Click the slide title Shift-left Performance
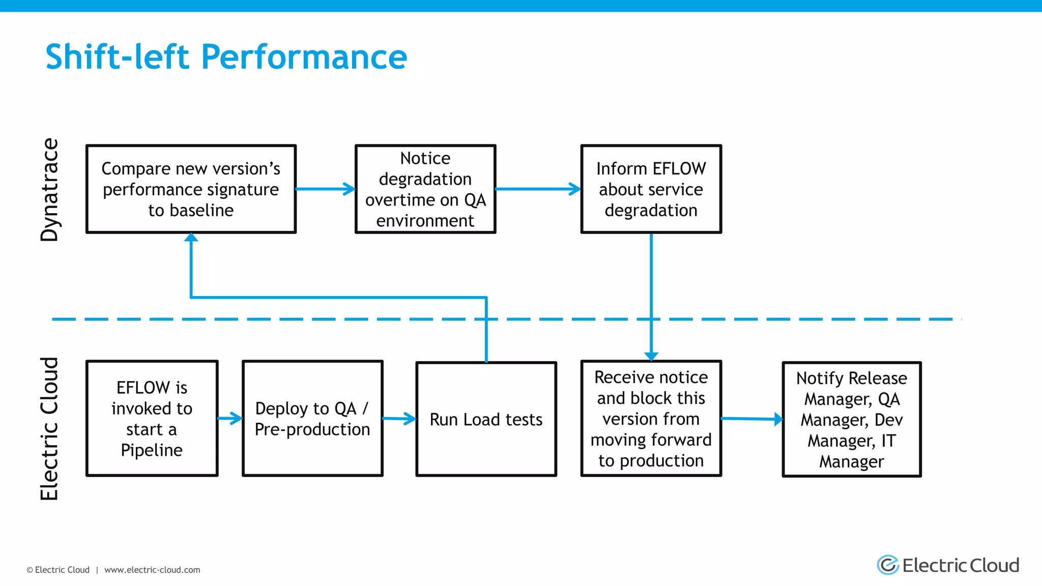tap(226, 56)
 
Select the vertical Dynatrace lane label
tap(49, 189)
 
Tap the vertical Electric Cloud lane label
tap(49, 428)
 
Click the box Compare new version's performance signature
tap(191, 189)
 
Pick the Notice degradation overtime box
tap(425, 189)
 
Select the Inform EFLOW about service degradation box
tap(651, 189)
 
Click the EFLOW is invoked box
tap(152, 419)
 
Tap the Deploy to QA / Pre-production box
tap(312, 419)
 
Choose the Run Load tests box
tap(486, 419)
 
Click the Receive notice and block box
tap(651, 419)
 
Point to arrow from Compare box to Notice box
tap(326, 189)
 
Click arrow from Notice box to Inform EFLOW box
tap(538, 189)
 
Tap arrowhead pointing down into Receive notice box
tap(651, 356)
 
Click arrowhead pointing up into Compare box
tap(191, 238)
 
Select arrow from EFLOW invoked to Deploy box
tap(230, 419)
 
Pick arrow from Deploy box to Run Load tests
tap(399, 419)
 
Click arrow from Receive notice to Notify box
tap(752, 419)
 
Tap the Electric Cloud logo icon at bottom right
tap(888, 565)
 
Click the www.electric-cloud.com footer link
tap(152, 570)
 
